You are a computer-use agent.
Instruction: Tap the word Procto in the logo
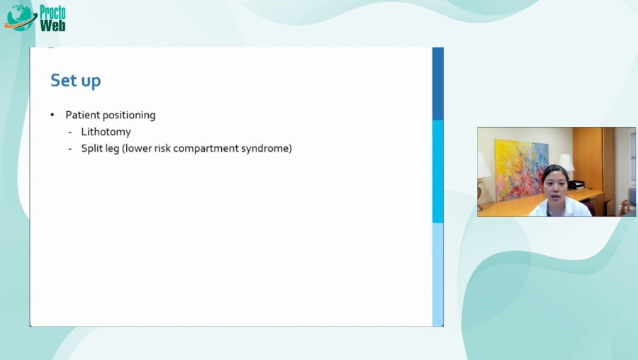point(52,11)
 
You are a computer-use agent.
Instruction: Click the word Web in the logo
point(52,25)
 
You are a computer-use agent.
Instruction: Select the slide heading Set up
point(75,81)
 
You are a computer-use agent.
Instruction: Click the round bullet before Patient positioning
point(52,115)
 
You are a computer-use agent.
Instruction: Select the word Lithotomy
point(106,132)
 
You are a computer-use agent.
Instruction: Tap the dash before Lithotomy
point(70,132)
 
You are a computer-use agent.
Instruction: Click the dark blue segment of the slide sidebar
point(438,84)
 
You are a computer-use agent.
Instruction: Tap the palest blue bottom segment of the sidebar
point(438,274)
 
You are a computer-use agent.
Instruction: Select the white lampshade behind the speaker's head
point(566,162)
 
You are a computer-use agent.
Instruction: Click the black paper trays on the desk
point(576,184)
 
